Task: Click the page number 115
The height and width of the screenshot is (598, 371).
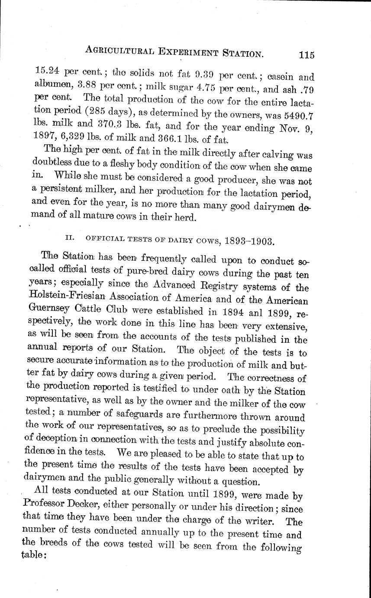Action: (306, 55)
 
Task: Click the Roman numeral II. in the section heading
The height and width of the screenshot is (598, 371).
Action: (68, 238)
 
